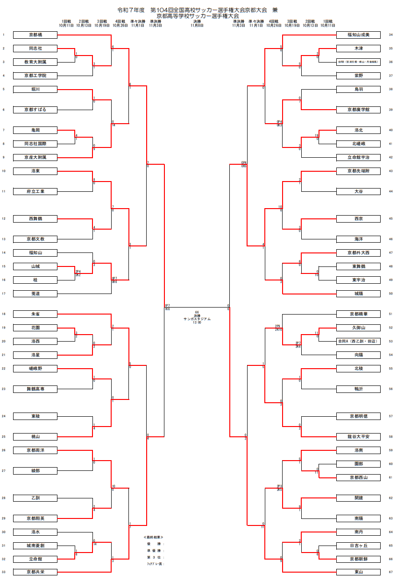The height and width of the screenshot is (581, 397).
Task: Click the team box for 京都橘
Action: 35,35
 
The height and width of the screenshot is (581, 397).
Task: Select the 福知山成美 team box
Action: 358,35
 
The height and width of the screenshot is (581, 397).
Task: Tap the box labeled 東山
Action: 358,572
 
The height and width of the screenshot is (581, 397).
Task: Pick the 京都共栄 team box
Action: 35,572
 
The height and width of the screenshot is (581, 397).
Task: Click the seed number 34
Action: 390,35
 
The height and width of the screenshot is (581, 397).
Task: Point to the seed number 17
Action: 3,294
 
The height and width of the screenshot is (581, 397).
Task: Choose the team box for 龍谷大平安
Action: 358,437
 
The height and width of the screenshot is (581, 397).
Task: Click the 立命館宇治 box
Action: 358,157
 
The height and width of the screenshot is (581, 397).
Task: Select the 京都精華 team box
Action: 358,314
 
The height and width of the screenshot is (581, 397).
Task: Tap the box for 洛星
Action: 35,355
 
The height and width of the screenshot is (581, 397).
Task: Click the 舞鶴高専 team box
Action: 35,389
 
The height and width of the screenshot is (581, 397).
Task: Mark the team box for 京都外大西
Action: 358,252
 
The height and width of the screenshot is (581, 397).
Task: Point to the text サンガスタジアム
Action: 197,319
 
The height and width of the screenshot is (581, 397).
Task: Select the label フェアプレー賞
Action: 156,564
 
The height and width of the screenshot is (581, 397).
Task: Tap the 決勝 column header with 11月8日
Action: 197,23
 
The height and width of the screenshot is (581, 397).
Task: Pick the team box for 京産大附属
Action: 35,157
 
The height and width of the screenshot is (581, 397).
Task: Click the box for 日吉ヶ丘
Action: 358,546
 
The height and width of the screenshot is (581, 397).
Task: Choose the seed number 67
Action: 390,572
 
